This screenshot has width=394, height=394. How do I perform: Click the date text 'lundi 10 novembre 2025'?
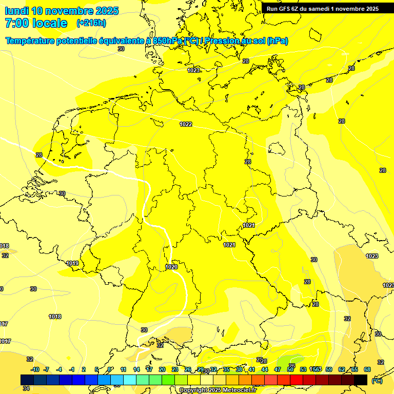62,11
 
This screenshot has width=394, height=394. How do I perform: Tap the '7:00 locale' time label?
36,23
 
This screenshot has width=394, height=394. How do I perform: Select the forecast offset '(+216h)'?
91,23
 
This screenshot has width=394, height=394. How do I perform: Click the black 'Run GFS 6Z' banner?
322,8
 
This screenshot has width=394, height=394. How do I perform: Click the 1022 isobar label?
186,124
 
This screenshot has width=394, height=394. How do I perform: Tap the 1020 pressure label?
171,267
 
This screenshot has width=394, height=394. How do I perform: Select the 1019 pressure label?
72,263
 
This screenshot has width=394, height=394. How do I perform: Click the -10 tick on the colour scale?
35,369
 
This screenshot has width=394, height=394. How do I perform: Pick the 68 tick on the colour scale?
367,369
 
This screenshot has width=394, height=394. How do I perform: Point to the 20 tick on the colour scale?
162,369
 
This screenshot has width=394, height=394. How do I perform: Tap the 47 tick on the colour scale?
278,369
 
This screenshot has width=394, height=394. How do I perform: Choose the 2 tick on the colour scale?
85,369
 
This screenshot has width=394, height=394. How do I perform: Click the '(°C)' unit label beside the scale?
377,381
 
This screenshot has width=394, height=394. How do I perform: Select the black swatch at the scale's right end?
361,380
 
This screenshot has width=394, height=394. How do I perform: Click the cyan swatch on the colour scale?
130,380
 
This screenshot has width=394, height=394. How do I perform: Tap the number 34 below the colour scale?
26,388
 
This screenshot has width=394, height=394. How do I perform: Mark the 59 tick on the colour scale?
329,369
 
